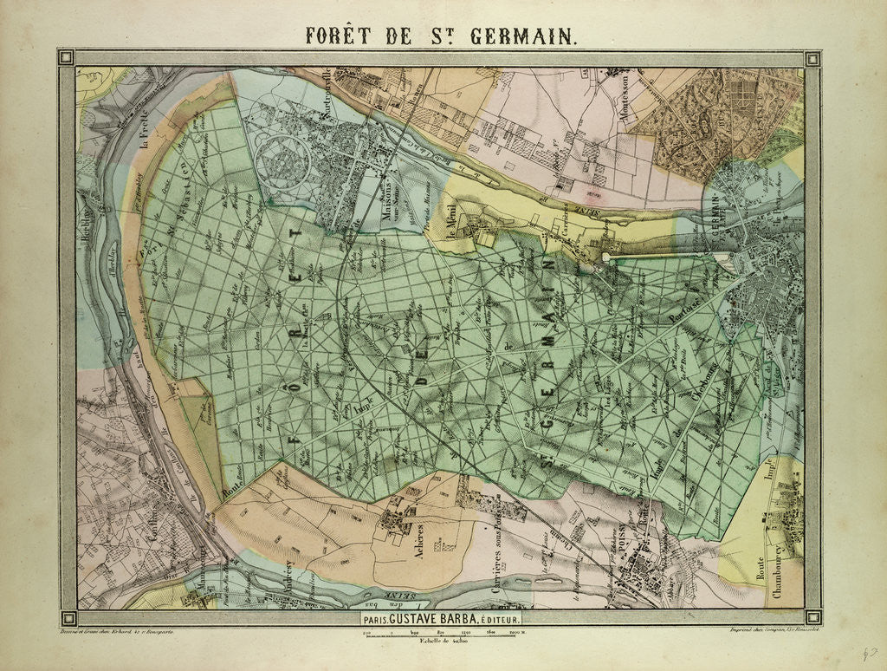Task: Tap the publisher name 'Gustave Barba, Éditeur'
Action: [440, 620]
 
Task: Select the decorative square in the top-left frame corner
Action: [67, 58]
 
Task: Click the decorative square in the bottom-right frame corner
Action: [812, 617]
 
